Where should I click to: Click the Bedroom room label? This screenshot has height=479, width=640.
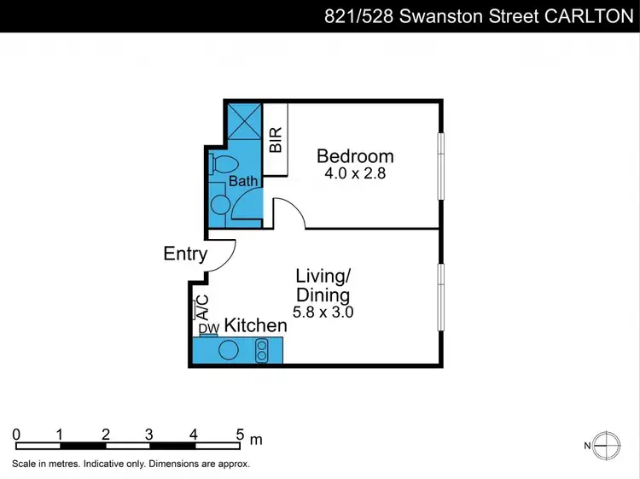click(355, 156)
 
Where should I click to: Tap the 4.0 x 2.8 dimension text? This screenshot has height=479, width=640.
click(355, 173)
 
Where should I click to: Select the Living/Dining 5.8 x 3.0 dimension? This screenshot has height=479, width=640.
click(323, 313)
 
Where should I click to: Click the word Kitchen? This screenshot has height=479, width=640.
click(255, 325)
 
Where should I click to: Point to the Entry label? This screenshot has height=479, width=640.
click(185, 254)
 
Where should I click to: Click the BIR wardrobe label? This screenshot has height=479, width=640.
click(276, 140)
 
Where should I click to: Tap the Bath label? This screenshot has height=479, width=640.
click(243, 181)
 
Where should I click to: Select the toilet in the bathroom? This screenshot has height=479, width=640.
click(222, 164)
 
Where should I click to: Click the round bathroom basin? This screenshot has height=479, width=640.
click(220, 205)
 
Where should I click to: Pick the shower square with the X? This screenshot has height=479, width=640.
click(244, 121)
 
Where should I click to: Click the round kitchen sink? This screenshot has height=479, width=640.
click(230, 350)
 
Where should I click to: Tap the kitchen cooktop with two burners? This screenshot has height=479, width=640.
click(262, 350)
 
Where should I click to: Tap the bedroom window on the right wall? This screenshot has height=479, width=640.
click(441, 166)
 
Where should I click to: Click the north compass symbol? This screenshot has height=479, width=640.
click(606, 445)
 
